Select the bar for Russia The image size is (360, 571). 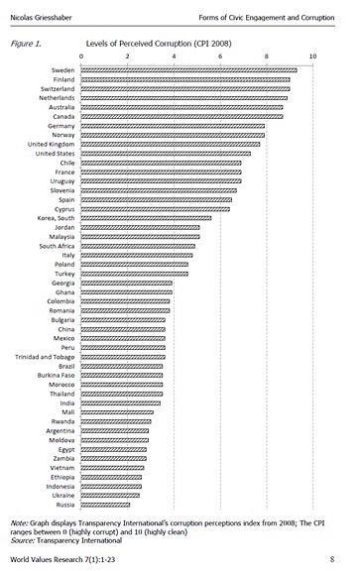click(x=105, y=506)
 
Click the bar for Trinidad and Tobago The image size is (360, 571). click(x=123, y=356)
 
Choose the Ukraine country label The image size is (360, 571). click(x=62, y=496)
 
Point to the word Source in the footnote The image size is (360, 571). click(x=22, y=540)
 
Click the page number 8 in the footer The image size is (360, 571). click(x=343, y=560)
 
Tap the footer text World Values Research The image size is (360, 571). click(x=52, y=560)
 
